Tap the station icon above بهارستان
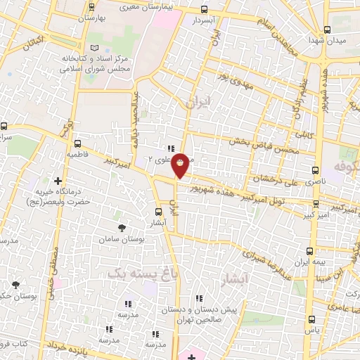point(92,8)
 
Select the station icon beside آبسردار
point(204,10)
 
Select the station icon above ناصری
point(314,170)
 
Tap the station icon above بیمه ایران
point(310,250)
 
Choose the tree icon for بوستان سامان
point(123,228)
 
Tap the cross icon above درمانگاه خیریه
point(58,181)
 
